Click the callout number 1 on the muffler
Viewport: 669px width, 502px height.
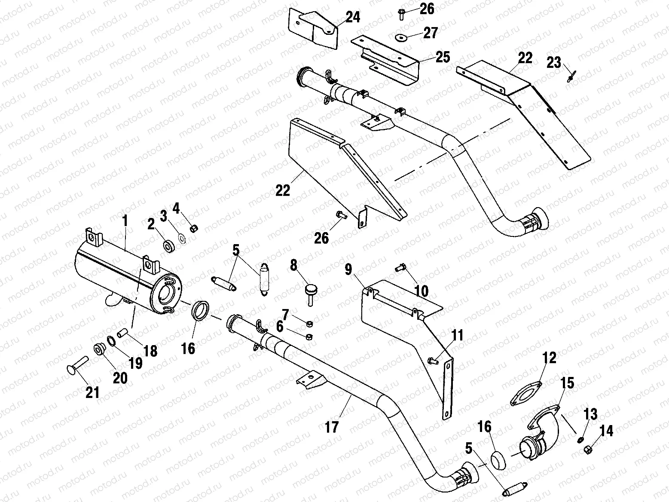(x=125, y=221)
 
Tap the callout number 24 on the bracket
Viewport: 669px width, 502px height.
(x=352, y=18)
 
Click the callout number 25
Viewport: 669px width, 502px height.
(x=443, y=57)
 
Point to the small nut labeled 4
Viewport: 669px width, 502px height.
(x=194, y=227)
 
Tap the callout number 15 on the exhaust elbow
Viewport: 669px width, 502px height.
(x=568, y=383)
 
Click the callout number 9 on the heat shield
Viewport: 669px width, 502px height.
(x=348, y=269)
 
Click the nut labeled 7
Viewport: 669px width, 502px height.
(x=310, y=323)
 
